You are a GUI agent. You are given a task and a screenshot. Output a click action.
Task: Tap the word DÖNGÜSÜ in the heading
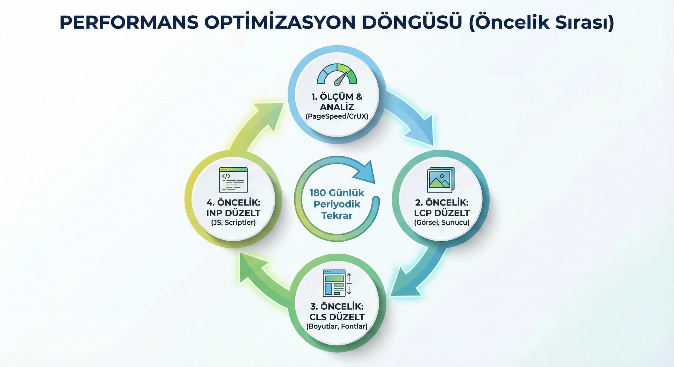(x=412, y=22)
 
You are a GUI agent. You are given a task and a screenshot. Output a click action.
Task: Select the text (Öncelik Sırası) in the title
(x=541, y=22)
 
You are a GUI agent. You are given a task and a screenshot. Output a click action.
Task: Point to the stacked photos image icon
(x=441, y=180)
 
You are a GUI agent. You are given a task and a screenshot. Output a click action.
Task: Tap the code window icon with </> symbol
(x=233, y=180)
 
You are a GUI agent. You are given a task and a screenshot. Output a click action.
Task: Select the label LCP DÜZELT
(x=442, y=213)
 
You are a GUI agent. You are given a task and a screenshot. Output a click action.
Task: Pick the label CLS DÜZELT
(x=337, y=317)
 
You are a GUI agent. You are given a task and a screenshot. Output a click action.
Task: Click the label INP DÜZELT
(x=233, y=213)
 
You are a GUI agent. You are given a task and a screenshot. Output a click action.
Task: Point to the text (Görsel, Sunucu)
(x=442, y=222)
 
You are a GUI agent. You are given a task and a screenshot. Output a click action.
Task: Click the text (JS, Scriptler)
(x=233, y=222)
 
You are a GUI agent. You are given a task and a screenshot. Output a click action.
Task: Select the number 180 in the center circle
(x=318, y=193)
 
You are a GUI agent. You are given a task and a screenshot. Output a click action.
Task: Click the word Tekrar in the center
(x=337, y=216)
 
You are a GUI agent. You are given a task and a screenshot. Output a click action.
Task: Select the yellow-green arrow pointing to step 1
(x=255, y=125)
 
